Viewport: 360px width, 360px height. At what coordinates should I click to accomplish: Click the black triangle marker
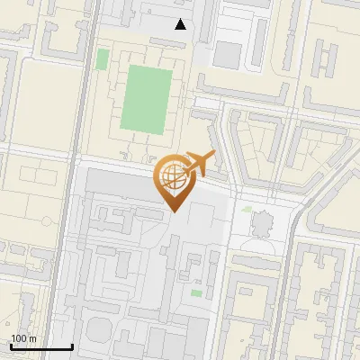point(181,24)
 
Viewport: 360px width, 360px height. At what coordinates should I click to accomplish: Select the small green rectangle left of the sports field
point(103,59)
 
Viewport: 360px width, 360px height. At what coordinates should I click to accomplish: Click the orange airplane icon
point(199,165)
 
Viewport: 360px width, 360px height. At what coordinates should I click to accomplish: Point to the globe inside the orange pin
point(174,176)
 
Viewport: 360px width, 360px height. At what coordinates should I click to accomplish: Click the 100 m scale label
point(23,338)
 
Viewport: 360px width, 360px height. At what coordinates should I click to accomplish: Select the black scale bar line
point(41,346)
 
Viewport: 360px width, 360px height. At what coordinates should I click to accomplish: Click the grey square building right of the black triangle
point(228,56)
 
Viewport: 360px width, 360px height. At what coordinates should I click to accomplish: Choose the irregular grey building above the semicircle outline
point(262,222)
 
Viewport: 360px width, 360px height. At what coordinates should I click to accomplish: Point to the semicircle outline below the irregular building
point(262,241)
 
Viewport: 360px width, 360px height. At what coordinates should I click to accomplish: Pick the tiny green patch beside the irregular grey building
point(247,209)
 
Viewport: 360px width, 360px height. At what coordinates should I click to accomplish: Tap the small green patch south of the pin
point(196,292)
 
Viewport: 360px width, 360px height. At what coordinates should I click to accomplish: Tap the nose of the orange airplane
point(214,157)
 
